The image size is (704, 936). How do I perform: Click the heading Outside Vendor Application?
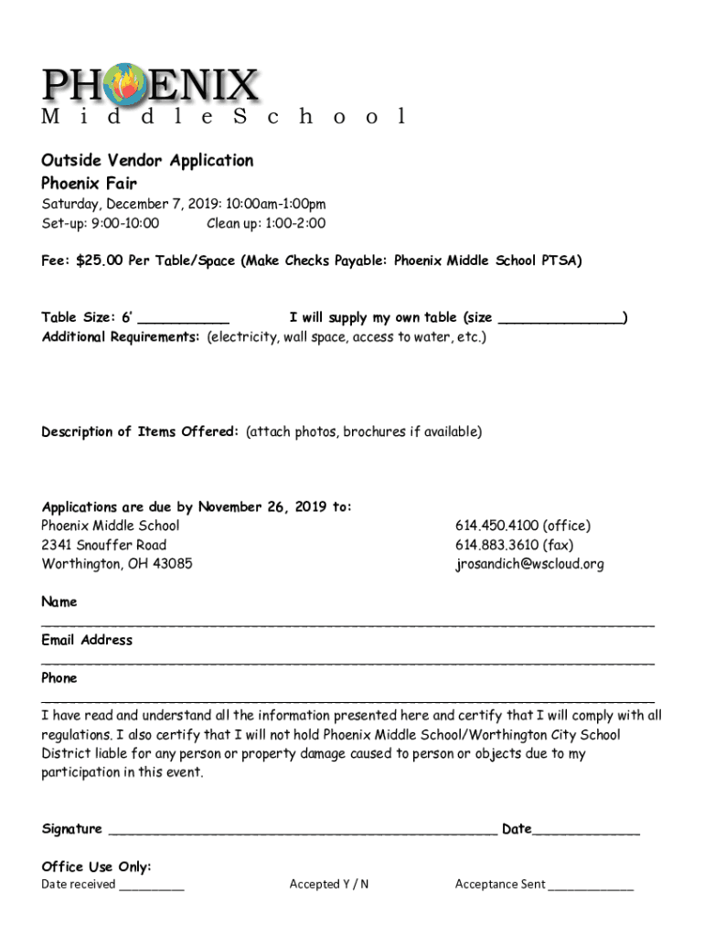(x=147, y=161)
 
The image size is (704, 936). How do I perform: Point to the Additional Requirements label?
(x=121, y=337)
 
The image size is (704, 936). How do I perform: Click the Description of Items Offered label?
(x=140, y=431)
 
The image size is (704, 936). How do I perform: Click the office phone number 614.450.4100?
(x=497, y=526)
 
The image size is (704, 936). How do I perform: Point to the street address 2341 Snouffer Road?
(x=103, y=545)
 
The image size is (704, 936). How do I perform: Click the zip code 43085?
(x=172, y=564)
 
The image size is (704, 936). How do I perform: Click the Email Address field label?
(x=87, y=640)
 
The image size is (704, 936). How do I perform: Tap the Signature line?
(x=302, y=832)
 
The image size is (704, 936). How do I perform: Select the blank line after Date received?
(x=151, y=887)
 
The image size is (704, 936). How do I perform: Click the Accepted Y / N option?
(x=328, y=884)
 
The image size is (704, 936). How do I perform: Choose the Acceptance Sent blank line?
(x=591, y=887)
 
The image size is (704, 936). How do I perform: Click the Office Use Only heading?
(x=96, y=867)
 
